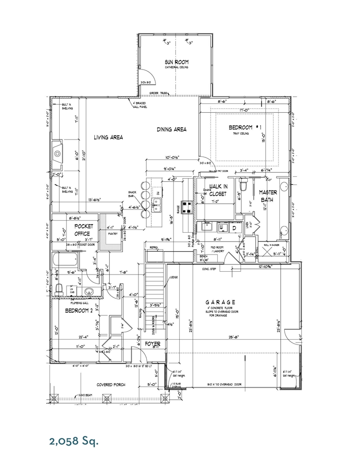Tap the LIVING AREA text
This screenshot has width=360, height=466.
point(108,138)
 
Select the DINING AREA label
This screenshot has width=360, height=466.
point(171,129)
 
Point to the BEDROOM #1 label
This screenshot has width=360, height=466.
point(245,128)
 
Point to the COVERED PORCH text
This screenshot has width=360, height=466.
point(111,384)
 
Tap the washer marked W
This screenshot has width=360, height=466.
point(221,227)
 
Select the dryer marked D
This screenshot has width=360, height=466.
point(234,227)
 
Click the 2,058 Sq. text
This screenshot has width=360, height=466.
point(74,441)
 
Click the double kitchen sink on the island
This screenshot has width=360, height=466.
point(157,205)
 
